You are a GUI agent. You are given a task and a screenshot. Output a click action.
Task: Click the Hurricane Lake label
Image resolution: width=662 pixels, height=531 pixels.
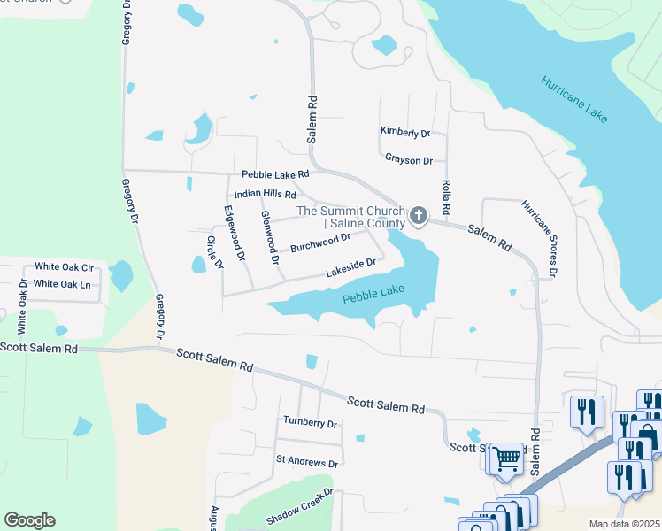pos(576,94)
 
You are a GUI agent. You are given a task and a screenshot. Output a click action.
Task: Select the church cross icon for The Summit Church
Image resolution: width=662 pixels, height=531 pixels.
pos(419,215)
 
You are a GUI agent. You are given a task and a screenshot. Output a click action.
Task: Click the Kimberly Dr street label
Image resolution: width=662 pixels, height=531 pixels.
pos(404,133)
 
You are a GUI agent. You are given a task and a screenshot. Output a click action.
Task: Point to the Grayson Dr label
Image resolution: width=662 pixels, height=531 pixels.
pos(408,160)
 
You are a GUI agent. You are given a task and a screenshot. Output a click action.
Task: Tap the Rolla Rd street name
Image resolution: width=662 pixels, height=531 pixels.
pos(446,196)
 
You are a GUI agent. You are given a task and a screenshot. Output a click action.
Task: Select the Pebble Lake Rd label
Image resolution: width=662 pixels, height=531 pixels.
pos(275,174)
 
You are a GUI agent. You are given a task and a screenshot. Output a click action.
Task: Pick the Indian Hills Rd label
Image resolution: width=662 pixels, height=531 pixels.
pos(266,195)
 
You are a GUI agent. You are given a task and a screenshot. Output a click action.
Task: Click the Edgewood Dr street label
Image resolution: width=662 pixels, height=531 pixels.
pos(234,233)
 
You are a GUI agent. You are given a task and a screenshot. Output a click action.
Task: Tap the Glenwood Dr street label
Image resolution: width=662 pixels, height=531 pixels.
pos(270,238)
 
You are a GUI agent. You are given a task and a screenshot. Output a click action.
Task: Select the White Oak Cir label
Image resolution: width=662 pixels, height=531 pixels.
pos(64,266)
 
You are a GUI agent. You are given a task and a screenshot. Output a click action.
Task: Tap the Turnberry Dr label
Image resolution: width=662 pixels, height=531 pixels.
pos(311,423)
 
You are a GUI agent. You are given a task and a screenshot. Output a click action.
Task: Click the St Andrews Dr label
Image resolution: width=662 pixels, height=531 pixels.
pos(307,462)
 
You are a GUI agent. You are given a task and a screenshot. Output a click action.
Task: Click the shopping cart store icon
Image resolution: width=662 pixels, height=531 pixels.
pos(506,458)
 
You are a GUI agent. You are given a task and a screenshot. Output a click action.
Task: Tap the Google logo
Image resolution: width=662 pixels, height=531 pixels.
pos(30,519)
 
